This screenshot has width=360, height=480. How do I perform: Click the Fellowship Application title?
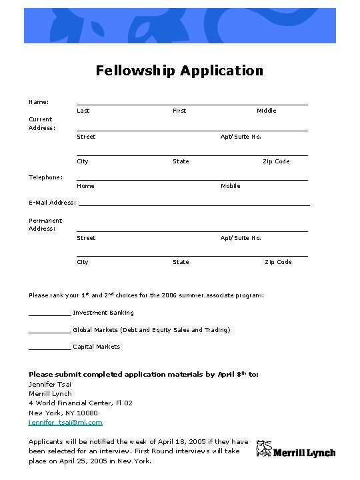click(179, 71)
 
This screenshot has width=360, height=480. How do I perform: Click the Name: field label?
click(39, 102)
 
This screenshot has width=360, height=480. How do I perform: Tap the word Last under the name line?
click(83, 111)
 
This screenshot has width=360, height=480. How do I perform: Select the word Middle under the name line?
click(266, 111)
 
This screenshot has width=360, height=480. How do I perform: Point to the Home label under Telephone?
click(85, 186)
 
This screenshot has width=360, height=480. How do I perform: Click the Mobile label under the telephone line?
click(231, 186)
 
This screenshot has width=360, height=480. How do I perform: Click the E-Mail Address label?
click(52, 203)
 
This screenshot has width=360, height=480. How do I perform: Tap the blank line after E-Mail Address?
click(194, 203)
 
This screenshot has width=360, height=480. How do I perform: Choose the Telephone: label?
click(46, 177)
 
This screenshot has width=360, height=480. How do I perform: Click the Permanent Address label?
click(45, 225)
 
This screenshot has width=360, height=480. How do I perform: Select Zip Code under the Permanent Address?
click(278, 262)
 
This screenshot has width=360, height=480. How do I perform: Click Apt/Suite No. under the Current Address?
click(241, 137)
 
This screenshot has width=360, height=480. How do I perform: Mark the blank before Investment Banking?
click(49, 312)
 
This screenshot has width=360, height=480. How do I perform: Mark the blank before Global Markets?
click(49, 329)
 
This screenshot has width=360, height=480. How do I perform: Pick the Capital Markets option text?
click(96, 347)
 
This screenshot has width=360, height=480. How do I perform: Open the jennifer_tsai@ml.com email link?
click(65, 423)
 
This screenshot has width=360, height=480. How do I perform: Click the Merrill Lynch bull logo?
click(264, 450)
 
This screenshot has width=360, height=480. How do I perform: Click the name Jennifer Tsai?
click(50, 384)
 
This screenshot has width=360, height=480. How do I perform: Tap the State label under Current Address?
click(181, 161)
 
